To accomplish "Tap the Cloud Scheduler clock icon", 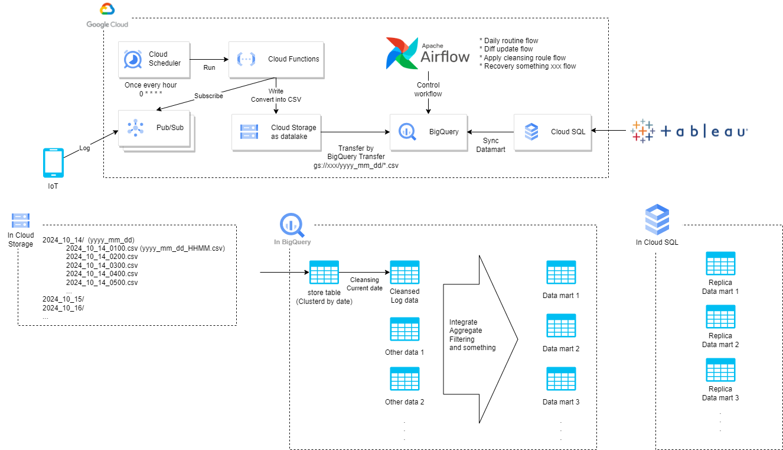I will pos(132,59).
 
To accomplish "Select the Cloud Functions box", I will pos(276,59).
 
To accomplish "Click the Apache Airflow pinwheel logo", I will pos(402,53).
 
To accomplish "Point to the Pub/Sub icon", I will pos(135,127).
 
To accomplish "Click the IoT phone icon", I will pos(53,163).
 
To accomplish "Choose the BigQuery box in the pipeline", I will pos(428,131).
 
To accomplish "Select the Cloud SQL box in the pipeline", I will pos(552,131).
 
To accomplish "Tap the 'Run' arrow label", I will pos(209,67).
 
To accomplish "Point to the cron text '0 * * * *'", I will pos(151,93).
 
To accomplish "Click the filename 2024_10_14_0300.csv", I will pos(102,265).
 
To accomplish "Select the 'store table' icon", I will pos(324,273).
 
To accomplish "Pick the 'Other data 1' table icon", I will pos(404,329).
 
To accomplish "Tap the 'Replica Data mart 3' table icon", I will pos(720,370).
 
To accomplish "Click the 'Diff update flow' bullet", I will pos(508,49).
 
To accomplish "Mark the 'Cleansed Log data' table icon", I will pos(404,273).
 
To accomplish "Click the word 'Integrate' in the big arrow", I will pos(464,322).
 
